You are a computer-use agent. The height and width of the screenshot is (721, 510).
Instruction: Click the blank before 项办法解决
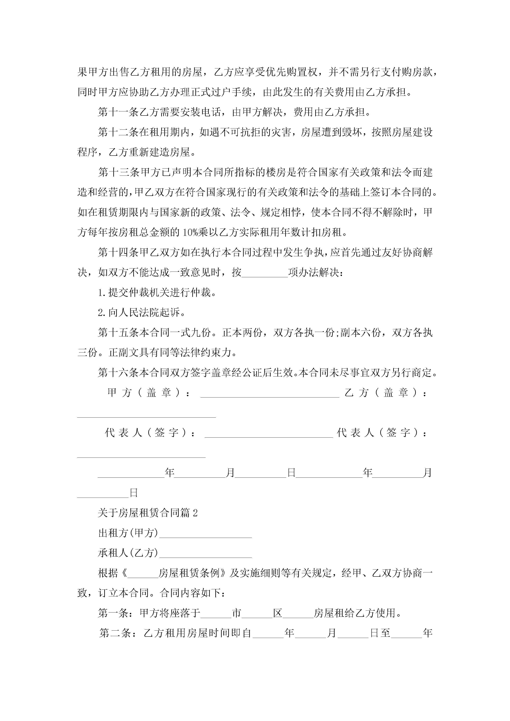click(x=265, y=273)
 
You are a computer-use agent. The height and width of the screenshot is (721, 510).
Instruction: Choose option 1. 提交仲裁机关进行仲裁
click(x=157, y=293)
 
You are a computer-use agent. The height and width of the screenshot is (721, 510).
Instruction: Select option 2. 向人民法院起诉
click(x=141, y=312)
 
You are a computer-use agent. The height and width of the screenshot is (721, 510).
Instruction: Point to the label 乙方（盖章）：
click(x=386, y=393)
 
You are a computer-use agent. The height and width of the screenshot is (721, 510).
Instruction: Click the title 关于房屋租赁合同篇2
click(x=148, y=513)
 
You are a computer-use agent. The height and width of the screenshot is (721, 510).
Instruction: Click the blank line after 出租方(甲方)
click(x=206, y=534)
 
